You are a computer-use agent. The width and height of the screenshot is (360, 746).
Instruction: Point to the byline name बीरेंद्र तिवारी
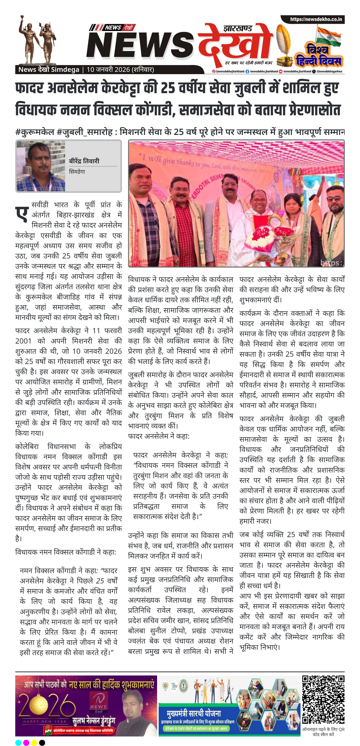click(x=84, y=161)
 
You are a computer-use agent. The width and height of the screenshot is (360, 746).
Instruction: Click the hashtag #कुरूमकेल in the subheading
click(x=35, y=132)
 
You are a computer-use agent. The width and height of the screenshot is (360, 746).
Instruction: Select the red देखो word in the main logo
click(x=235, y=43)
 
